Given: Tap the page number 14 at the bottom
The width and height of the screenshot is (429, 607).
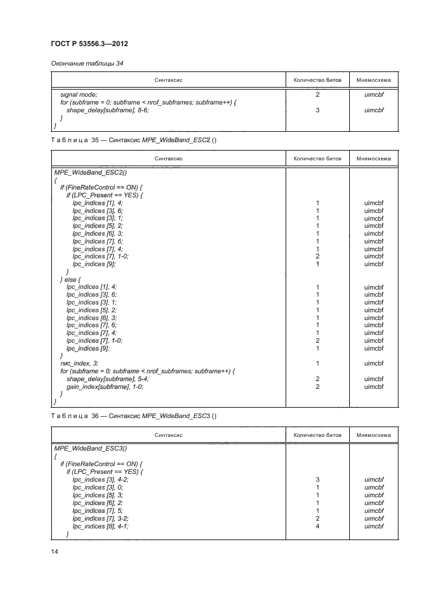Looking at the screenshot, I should (x=55, y=551).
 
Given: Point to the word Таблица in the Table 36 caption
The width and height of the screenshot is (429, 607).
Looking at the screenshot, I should (x=68, y=415).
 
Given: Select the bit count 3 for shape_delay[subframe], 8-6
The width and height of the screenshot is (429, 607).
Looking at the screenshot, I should (x=317, y=110).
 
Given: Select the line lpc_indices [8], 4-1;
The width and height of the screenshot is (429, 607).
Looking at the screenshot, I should (x=101, y=526).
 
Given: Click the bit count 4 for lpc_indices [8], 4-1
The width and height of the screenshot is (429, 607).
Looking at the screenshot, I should (x=317, y=526).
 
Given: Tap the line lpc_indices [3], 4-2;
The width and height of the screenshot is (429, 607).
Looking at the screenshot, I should (x=101, y=480).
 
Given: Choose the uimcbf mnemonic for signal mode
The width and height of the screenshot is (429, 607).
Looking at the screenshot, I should (x=374, y=95).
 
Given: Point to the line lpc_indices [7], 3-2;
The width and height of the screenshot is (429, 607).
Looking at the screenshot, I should (x=101, y=519).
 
